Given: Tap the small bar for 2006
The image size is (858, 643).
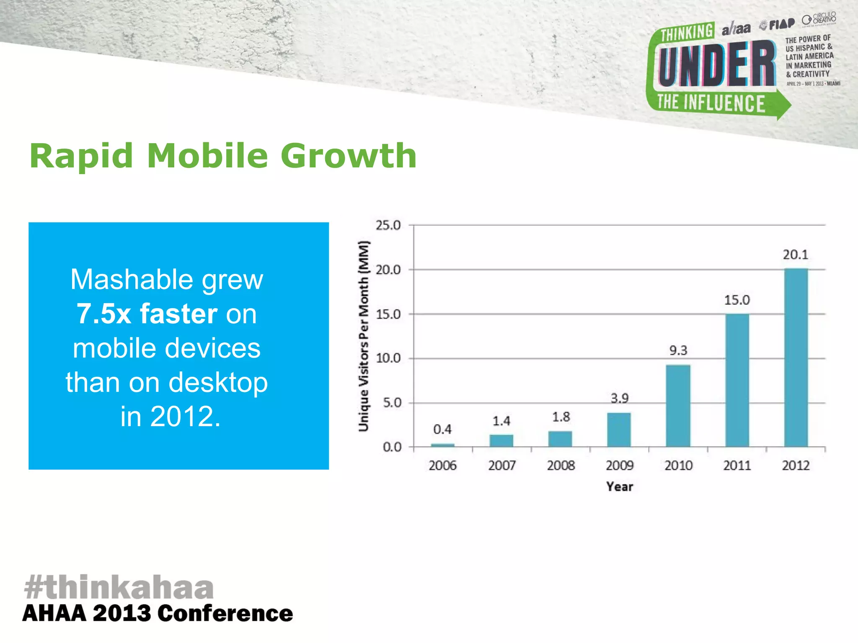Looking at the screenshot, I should [x=442, y=445].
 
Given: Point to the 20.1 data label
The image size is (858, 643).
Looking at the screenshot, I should [x=795, y=255].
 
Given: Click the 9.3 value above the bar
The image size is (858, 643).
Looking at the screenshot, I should [x=678, y=350].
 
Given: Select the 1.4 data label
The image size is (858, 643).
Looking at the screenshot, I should [x=501, y=421].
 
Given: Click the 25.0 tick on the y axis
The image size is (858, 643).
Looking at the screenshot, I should [x=388, y=225].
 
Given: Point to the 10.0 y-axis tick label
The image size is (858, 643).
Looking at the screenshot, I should [x=388, y=358].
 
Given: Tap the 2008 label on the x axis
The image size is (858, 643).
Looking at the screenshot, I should [x=561, y=466].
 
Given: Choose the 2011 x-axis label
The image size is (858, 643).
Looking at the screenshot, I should [x=737, y=466].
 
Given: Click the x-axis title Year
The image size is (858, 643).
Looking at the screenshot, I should [x=619, y=486].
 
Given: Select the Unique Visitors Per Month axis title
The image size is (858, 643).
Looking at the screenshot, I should [x=364, y=336].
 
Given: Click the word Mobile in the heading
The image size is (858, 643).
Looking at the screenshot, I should [x=207, y=156].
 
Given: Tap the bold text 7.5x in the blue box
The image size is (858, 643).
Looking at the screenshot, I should [x=104, y=314].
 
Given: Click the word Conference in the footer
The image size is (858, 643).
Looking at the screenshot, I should [x=225, y=614].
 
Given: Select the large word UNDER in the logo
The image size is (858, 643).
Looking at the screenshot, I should [x=716, y=64].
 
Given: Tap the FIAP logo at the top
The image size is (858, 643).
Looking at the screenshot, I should [x=778, y=24].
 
